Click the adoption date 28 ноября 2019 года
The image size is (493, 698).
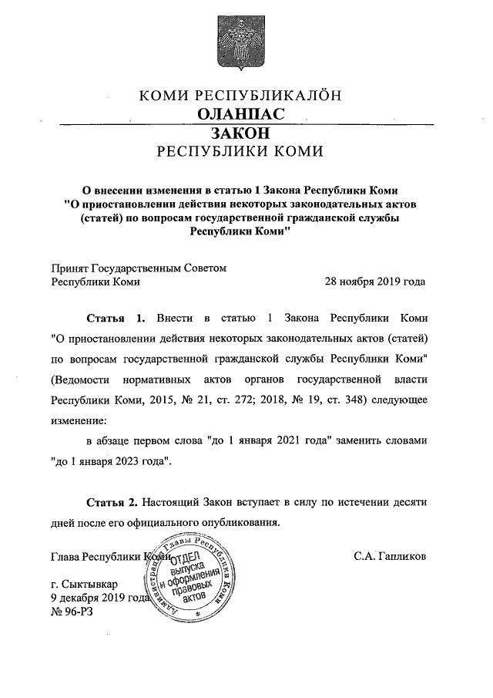(x=375, y=282)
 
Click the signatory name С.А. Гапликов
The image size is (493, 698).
(x=390, y=555)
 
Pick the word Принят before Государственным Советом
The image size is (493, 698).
(x=69, y=268)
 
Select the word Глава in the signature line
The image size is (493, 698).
(x=65, y=555)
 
